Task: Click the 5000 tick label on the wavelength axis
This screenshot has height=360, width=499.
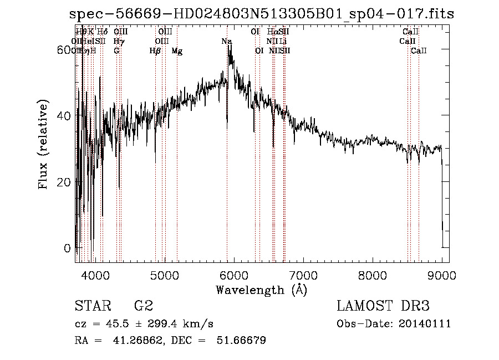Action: [164, 275]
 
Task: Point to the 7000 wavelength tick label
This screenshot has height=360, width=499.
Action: [303, 275]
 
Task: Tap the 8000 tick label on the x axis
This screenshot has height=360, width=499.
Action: [372, 275]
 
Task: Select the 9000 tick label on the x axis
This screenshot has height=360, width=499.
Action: [441, 275]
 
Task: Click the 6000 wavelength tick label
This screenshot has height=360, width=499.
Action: [233, 275]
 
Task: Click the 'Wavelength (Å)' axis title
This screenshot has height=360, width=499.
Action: [261, 290]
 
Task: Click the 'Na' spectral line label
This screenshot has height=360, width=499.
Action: [226, 42]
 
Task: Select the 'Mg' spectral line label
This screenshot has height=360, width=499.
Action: [177, 51]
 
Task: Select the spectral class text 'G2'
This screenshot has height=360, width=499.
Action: [143, 306]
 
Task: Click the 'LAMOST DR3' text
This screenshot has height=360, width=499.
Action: [383, 306]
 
